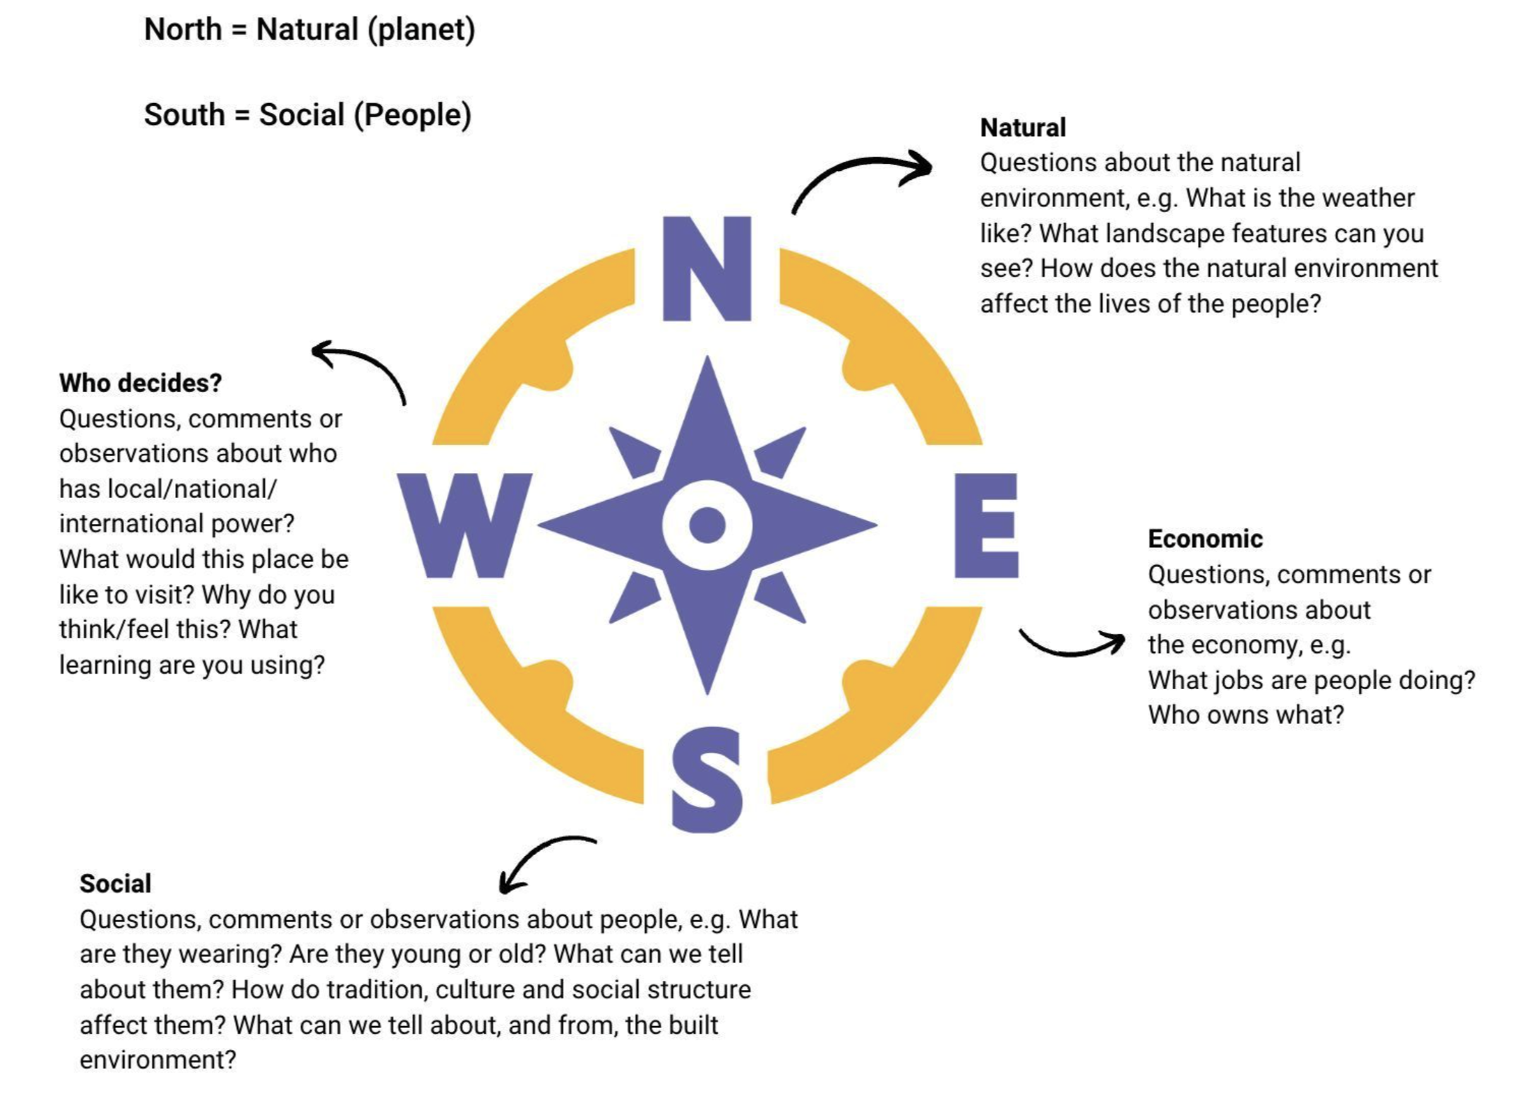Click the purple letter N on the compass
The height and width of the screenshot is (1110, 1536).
click(x=707, y=269)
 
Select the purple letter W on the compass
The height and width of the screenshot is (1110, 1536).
click(x=464, y=525)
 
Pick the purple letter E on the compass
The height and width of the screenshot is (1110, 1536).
click(x=985, y=525)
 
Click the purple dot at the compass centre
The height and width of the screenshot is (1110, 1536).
click(x=707, y=525)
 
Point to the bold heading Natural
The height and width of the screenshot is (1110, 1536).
click(x=1023, y=128)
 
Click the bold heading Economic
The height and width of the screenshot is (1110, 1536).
click(x=1205, y=539)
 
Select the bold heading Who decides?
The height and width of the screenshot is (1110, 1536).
click(x=140, y=383)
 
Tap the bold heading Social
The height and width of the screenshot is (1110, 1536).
click(x=115, y=883)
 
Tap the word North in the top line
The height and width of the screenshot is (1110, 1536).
click(x=183, y=30)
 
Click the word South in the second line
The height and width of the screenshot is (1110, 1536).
click(x=184, y=115)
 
